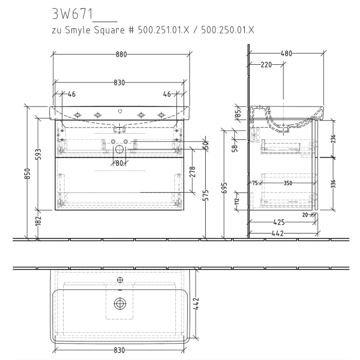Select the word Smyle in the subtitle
(80, 30)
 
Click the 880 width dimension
(121, 54)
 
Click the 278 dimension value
(193, 171)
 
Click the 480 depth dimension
(286, 53)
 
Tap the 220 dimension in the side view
(265, 65)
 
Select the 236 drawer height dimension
(333, 138)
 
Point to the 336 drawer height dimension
(333, 183)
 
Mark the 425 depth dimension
(279, 223)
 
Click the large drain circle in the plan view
(120, 303)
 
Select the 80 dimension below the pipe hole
(119, 164)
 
